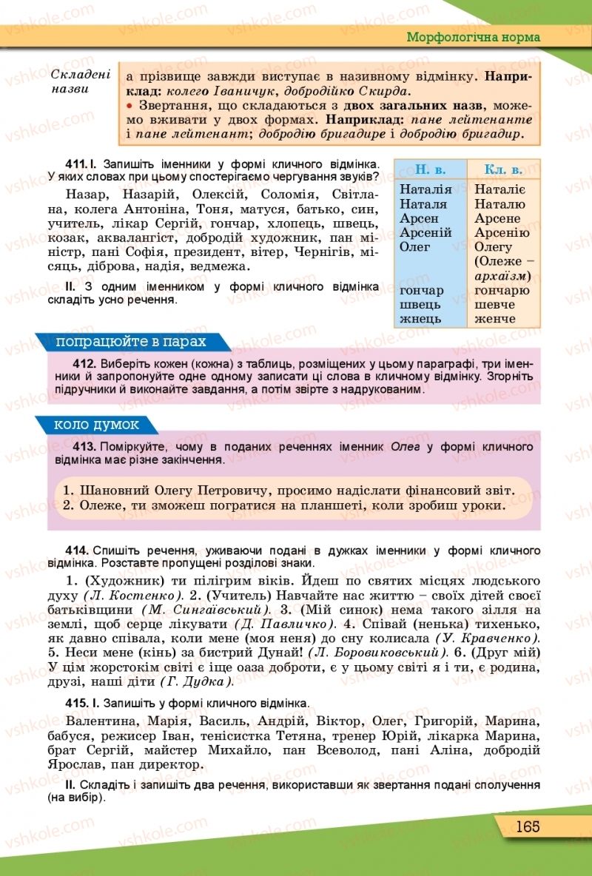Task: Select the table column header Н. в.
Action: coord(428,169)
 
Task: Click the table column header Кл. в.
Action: coord(503,169)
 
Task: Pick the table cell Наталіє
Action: coord(500,190)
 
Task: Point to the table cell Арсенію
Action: coord(502,233)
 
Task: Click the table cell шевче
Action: coord(494,305)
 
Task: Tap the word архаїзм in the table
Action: coord(499,276)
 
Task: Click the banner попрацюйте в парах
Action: coord(130,343)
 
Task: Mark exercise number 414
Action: coord(77,550)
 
